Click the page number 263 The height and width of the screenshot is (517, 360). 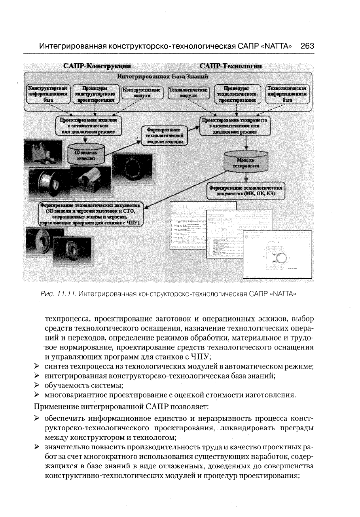pyautogui.click(x=307, y=46)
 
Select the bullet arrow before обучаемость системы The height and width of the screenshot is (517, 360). pyautogui.click(x=37, y=385)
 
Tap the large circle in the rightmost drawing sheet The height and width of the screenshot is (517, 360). pyautogui.click(x=280, y=258)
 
